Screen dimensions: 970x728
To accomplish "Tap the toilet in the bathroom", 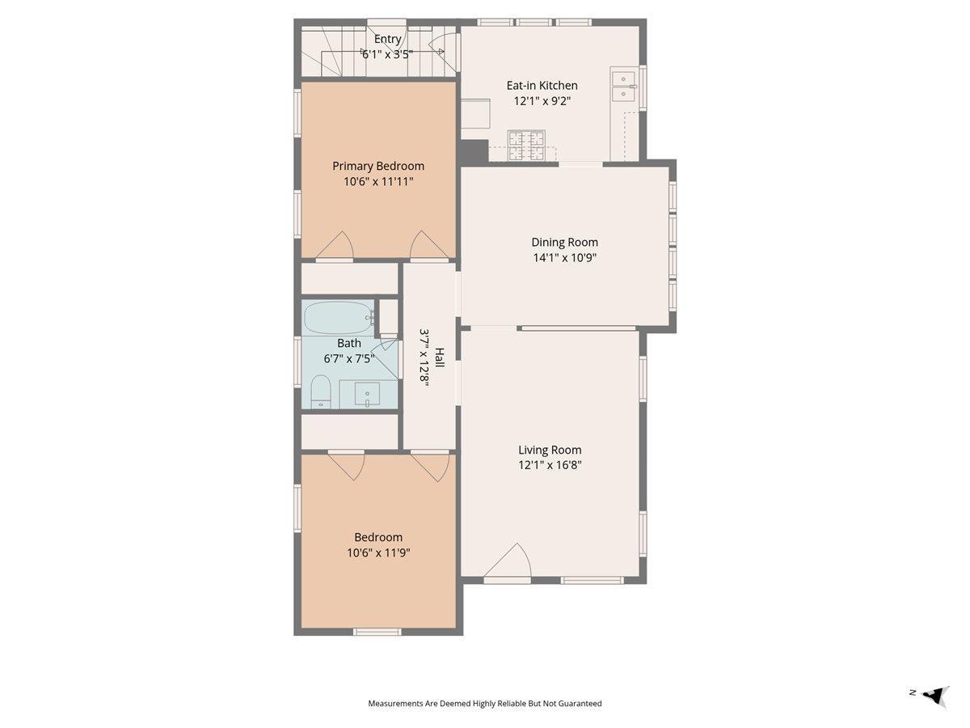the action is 321,392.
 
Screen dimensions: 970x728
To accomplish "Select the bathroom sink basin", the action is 367,394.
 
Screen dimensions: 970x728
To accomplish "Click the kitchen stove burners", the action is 526,145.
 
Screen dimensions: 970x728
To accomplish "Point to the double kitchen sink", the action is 623,87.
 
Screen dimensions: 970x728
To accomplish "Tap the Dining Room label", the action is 564,242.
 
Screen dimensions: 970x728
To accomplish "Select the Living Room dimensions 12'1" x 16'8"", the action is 550,465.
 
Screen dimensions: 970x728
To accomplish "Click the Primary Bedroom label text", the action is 378,166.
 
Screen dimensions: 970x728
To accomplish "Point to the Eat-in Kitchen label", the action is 542,85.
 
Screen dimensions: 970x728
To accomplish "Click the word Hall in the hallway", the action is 439,358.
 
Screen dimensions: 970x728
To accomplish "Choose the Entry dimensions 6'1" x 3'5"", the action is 387,55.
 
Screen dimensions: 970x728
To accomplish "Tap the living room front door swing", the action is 508,561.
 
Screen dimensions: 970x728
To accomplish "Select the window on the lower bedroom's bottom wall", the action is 377,632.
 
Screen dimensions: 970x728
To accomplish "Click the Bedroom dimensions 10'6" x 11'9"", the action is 379,553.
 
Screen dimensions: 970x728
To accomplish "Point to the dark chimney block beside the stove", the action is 474,151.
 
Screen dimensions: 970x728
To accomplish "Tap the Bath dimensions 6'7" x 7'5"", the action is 349,359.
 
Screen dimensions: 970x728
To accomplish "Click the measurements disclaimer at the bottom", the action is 485,703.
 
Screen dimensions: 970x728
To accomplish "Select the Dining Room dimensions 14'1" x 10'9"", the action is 565,258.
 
